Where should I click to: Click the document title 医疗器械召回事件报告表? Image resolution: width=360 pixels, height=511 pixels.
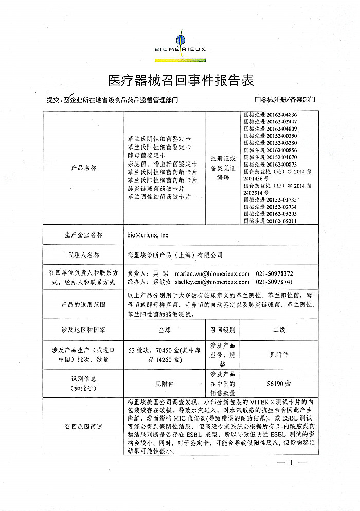pos(181,80)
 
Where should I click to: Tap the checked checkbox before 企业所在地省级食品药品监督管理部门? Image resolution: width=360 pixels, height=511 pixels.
pos(66,100)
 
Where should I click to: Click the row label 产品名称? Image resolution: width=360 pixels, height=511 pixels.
pos(84,168)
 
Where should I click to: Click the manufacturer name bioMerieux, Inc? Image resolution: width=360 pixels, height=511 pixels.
pos(148,235)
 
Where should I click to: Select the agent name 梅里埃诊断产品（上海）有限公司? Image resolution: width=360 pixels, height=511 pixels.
pos(175,254)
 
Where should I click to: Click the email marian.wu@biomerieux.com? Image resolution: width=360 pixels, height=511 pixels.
pos(212,274)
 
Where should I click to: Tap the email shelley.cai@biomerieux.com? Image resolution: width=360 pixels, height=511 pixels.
pos(212,282)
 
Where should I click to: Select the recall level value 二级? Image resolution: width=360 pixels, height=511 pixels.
pos(279,328)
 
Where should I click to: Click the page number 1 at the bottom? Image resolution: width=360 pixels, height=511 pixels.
pos(291,463)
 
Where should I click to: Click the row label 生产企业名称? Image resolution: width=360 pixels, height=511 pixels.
pos(84,235)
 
